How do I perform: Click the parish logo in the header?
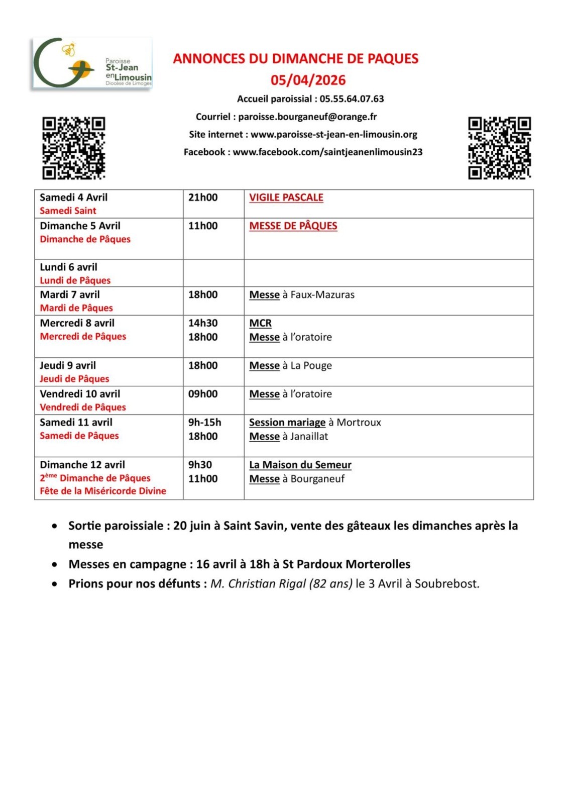coord(92,63)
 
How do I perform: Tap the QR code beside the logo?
coord(73,148)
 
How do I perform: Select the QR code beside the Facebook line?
coord(499,148)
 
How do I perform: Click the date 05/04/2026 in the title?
coord(308,80)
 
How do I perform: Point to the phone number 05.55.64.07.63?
coord(352,99)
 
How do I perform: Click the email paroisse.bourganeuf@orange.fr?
coord(307,117)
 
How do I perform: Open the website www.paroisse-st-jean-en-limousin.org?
coord(334,134)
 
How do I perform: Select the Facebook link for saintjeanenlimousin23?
coord(327,152)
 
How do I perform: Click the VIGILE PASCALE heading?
coord(286,197)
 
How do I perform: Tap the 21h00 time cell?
coord(203,197)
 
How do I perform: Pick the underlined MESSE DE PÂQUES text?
coord(293,226)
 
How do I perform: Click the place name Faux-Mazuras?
coord(322,294)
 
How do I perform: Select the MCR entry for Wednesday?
coord(260,323)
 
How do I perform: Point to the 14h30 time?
coord(203,323)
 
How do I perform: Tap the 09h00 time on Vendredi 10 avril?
coord(203,394)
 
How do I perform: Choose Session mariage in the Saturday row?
coord(287,422)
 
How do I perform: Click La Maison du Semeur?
coord(300,465)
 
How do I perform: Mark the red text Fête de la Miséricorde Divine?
coord(103,491)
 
